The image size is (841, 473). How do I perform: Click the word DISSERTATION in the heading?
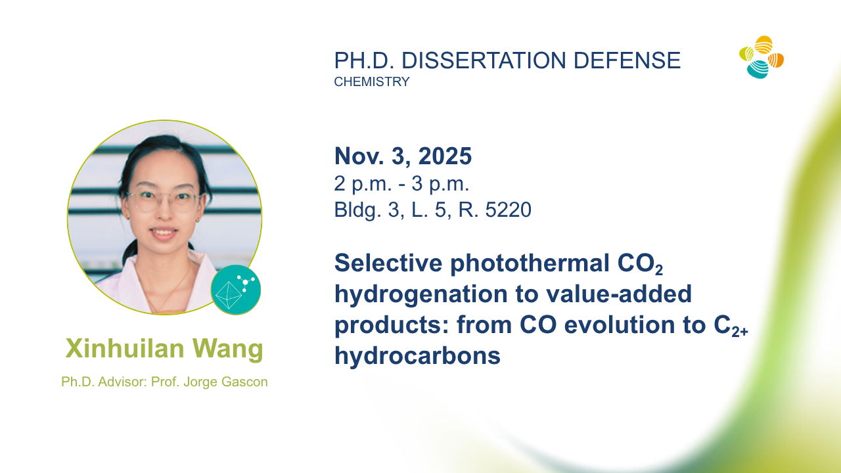(x=484, y=60)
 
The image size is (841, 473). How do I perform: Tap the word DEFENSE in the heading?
(x=627, y=60)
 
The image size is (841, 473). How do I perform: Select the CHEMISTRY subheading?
(x=372, y=81)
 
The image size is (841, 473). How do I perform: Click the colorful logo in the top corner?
(x=761, y=57)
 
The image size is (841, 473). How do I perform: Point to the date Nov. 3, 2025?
(x=403, y=156)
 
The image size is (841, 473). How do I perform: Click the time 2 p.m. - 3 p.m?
(x=401, y=184)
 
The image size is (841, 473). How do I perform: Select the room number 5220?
(x=509, y=210)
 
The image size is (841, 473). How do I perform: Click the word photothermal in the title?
(x=530, y=263)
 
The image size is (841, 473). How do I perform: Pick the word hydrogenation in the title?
(x=421, y=294)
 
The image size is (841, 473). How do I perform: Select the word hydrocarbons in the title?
(x=417, y=355)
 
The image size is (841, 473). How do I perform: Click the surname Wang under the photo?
(x=228, y=349)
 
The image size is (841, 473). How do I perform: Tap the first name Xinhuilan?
(x=125, y=348)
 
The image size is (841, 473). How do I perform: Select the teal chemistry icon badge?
(x=236, y=290)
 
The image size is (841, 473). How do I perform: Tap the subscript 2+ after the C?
(x=740, y=331)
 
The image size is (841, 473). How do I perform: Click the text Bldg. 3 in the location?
(x=369, y=210)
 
